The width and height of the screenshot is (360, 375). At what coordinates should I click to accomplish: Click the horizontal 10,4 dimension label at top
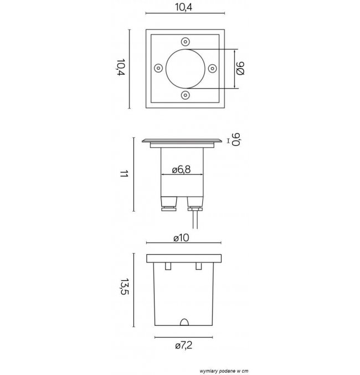tap(184, 7)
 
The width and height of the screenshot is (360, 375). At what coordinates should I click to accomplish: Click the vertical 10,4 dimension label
tap(121, 67)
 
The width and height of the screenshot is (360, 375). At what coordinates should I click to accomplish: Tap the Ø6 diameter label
tap(240, 68)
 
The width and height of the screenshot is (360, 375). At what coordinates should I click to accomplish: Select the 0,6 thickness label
tap(236, 140)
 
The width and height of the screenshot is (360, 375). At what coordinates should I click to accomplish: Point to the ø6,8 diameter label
tap(181, 169)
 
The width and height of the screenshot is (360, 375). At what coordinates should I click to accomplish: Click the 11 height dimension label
tap(124, 174)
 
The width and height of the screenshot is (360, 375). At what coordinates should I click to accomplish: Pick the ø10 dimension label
tap(181, 238)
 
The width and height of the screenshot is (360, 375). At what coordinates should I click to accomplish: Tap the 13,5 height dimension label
tap(125, 286)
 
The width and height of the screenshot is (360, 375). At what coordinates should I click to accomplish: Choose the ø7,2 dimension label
tap(183, 345)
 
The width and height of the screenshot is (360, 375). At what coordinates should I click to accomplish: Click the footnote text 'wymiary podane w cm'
tap(224, 371)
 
